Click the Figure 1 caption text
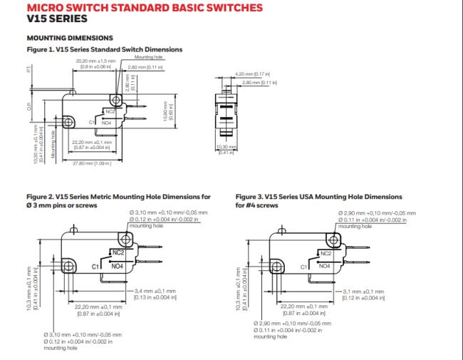[x=105, y=49]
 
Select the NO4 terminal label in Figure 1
[x=105, y=123]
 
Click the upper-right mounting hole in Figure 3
[x=331, y=241]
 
